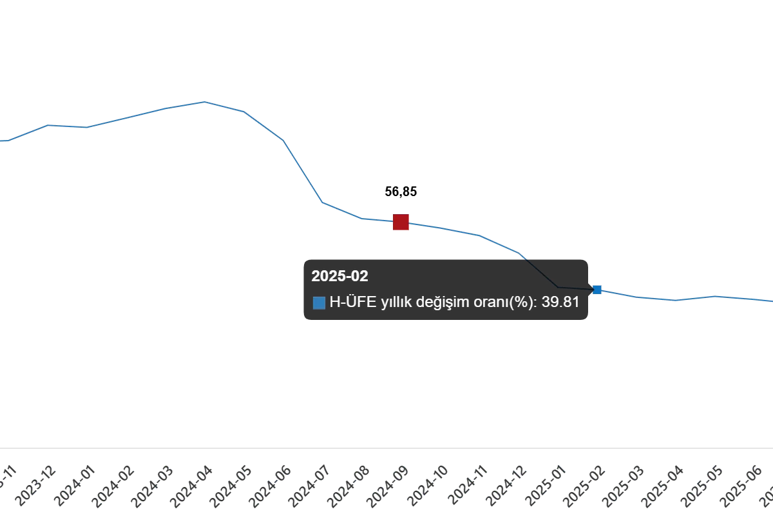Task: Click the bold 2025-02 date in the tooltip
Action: [x=339, y=276]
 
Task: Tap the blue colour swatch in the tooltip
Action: [x=319, y=303]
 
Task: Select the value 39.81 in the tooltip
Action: [x=560, y=302]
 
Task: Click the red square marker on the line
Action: [x=401, y=223]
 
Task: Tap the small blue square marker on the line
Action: [x=597, y=289]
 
